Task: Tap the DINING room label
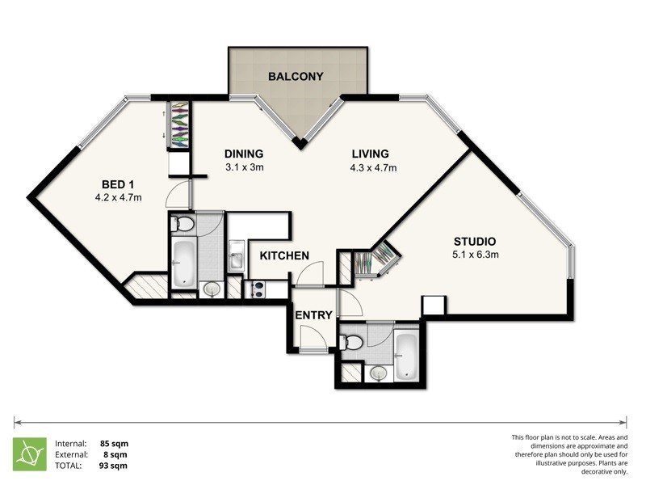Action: (x=244, y=154)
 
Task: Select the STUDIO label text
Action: (x=474, y=242)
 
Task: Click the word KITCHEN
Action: (x=284, y=256)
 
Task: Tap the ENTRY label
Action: (x=313, y=315)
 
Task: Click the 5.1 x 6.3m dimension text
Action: (x=476, y=255)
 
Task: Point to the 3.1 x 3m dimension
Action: (x=244, y=168)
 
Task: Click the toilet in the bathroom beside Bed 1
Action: (x=183, y=224)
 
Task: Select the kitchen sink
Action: (x=236, y=259)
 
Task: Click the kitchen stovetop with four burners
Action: (x=259, y=288)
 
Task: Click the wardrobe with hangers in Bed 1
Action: (x=178, y=124)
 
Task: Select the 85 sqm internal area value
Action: (x=114, y=444)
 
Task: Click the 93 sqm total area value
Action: (x=114, y=466)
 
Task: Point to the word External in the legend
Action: (x=73, y=454)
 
